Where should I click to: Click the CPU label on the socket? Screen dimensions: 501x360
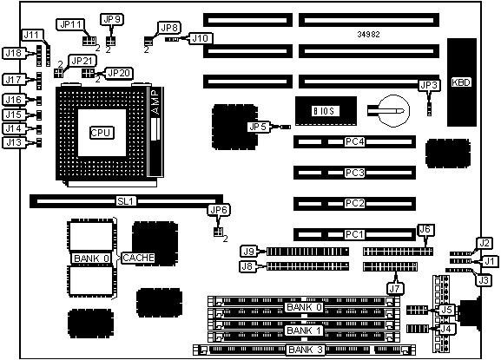coord(101,133)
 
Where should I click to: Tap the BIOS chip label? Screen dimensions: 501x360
coord(324,111)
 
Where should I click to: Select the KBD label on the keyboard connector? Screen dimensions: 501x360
coord(461,82)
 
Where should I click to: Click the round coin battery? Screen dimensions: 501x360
coord(393,111)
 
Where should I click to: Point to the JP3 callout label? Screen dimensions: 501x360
coord(429,85)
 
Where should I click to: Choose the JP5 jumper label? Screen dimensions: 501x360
coord(258,127)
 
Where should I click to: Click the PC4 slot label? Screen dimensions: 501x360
coord(354,141)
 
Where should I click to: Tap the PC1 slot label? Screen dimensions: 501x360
coord(354,234)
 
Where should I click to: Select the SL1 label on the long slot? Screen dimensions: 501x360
coord(127,201)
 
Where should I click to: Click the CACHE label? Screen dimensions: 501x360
coord(138,258)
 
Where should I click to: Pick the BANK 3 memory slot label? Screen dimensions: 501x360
coord(305,350)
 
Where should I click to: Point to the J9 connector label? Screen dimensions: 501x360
coord(249,252)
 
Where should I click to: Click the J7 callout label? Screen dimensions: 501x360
coord(395,289)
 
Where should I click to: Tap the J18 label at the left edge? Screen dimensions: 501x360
coord(14,53)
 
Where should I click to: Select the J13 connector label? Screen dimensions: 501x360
coord(14,142)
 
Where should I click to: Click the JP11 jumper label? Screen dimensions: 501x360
coord(70,24)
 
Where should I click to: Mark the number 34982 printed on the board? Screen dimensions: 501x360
coord(368,34)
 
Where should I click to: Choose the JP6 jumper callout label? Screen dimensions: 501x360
coord(219,210)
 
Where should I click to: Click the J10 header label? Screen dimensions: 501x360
coord(201,38)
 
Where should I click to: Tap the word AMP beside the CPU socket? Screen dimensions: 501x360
coord(155,102)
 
